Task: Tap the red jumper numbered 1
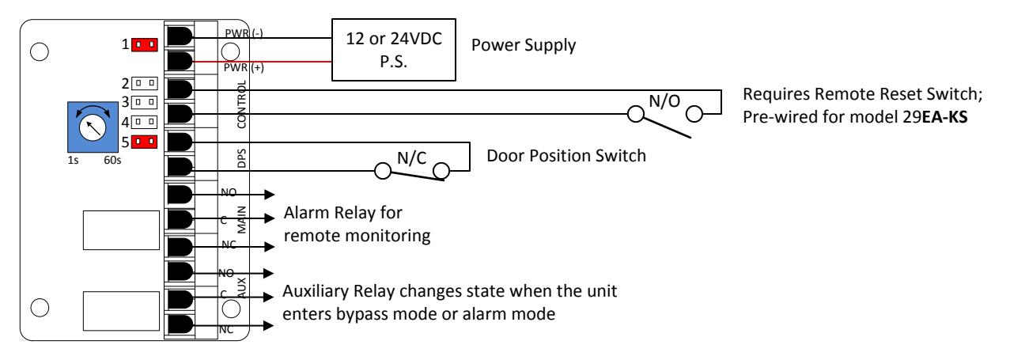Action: pos(144,44)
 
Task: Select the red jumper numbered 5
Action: pos(144,142)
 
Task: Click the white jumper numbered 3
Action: pos(144,102)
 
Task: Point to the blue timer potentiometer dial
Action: pos(93,127)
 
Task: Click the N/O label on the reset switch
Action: pos(664,101)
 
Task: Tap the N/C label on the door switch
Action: pos(411,158)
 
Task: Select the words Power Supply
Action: pos(524,46)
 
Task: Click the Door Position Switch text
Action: pos(566,156)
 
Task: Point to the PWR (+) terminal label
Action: pos(244,68)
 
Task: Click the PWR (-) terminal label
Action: pos(244,33)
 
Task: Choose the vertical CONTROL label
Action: pos(242,104)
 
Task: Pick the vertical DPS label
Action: pos(242,158)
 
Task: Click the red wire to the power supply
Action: pos(262,62)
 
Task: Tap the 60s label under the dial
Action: pos(112,160)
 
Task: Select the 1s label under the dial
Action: pos(73,160)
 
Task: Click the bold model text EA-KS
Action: pos(944,117)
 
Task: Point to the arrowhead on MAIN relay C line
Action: pos(270,218)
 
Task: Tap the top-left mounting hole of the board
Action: pos(40,52)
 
